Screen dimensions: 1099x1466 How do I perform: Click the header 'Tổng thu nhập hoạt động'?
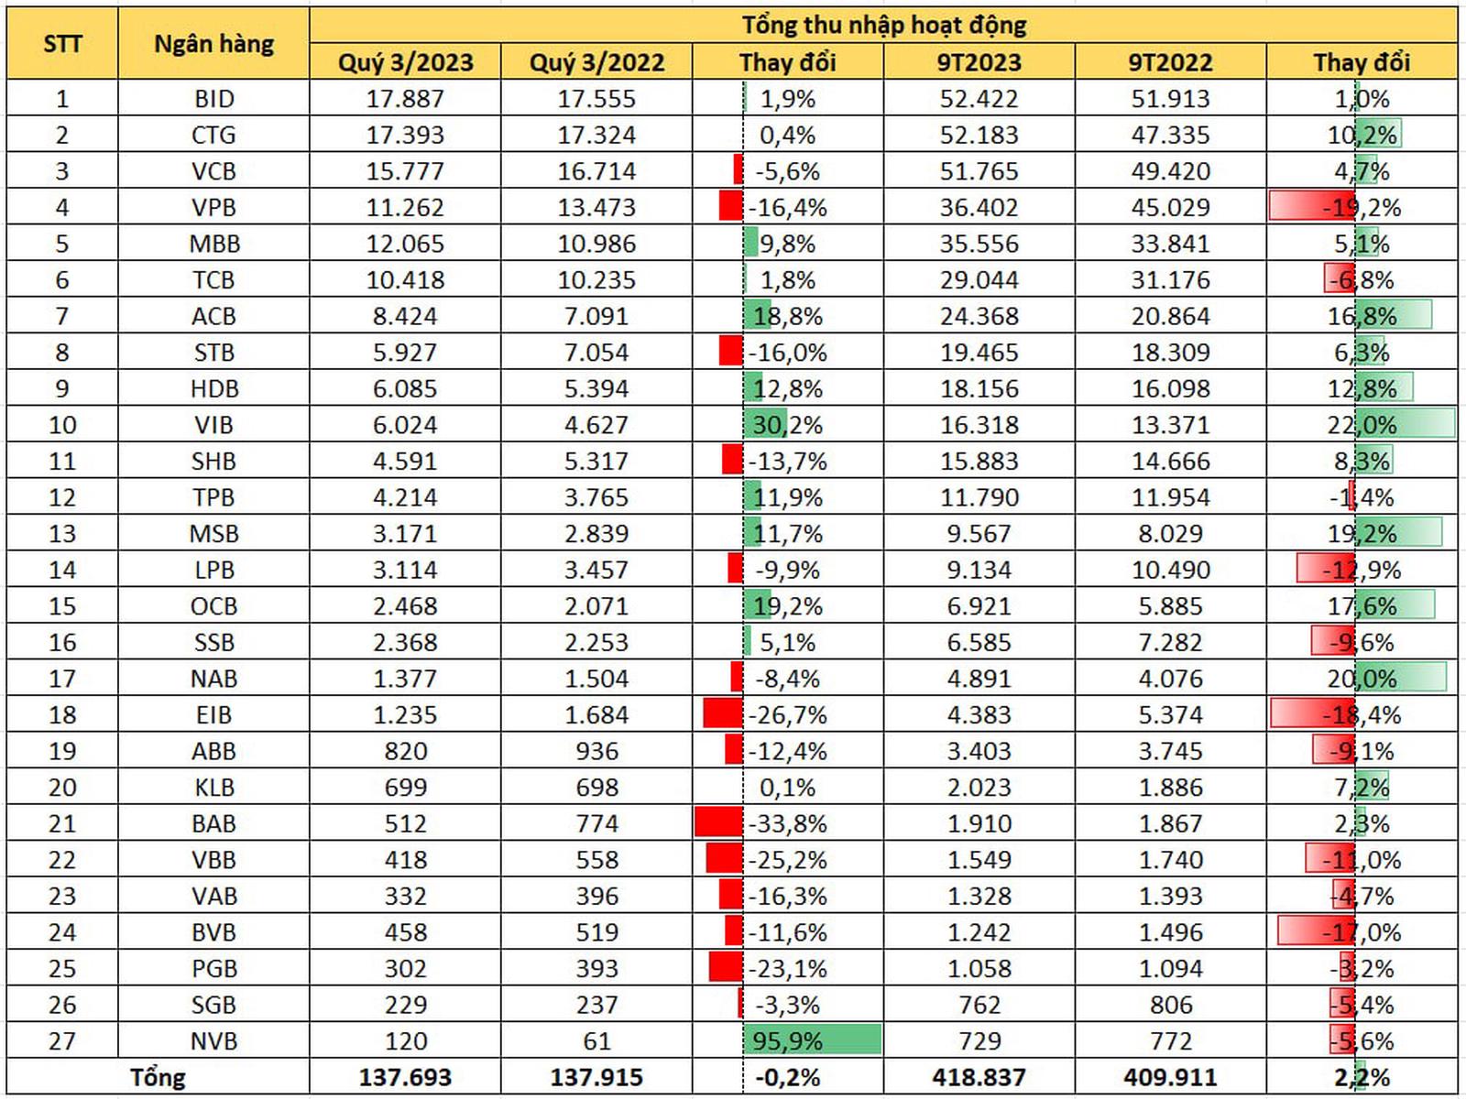coord(883,25)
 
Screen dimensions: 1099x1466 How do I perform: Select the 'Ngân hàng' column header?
coord(213,43)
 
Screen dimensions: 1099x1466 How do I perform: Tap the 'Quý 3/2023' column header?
coord(405,62)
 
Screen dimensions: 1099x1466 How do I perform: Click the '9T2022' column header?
coord(1170,62)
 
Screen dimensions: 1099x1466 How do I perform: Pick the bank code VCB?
coord(213,171)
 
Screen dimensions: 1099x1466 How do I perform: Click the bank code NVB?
coord(213,1041)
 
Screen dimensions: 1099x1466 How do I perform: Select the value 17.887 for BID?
coord(405,99)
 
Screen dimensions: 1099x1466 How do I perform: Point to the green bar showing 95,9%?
coord(812,1040)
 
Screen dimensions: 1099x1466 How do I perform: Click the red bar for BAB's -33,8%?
coord(719,822)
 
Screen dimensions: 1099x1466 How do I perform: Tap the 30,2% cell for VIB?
coord(787,425)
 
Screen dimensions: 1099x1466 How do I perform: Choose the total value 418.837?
coord(979,1078)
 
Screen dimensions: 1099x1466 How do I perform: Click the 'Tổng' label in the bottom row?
coord(158,1078)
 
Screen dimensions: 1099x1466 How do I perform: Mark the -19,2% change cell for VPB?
coord(1362,208)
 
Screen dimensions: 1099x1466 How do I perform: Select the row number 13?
coord(62,534)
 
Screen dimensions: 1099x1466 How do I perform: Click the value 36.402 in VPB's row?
coord(979,208)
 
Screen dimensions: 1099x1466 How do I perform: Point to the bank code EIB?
coord(213,715)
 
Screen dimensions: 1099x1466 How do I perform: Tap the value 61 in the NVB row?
coord(596,1041)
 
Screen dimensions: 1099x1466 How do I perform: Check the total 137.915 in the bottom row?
coord(596,1078)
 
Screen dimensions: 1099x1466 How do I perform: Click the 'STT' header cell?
coord(62,43)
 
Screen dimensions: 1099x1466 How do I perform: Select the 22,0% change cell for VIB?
coord(1362,425)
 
